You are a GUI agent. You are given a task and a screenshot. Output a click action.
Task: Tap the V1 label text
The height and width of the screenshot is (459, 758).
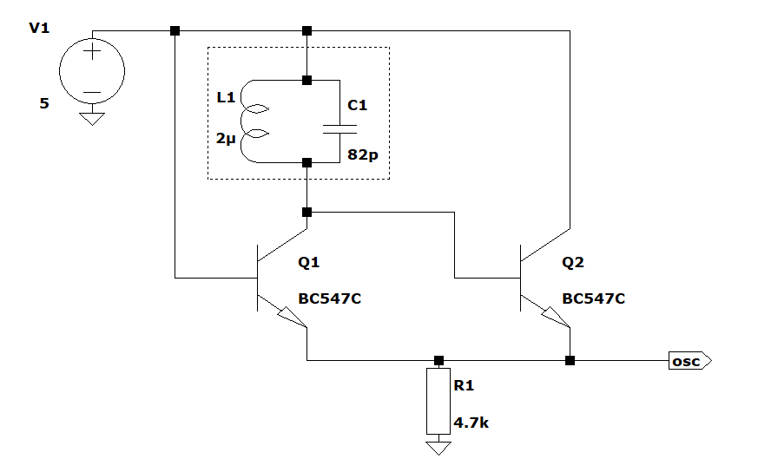[39, 28]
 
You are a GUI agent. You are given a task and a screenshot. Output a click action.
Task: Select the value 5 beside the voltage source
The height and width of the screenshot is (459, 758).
[44, 103]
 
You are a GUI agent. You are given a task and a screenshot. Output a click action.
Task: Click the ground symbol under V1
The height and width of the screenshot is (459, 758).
[92, 119]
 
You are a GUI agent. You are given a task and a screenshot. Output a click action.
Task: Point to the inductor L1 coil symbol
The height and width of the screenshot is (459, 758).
[241, 121]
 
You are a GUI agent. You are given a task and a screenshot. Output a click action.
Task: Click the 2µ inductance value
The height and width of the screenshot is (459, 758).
[226, 139]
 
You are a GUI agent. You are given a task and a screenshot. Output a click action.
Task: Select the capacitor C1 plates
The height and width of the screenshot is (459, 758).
[339, 129]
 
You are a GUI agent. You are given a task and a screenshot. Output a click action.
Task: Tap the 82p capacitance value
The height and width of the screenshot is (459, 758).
[363, 154]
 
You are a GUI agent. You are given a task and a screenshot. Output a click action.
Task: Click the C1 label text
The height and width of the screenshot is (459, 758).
[357, 105]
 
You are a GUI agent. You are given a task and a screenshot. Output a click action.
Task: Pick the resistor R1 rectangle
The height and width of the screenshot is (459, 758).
[438, 401]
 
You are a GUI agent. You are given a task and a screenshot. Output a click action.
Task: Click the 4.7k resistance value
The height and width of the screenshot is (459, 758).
[471, 423]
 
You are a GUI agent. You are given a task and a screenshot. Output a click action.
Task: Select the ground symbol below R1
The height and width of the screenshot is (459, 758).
[438, 448]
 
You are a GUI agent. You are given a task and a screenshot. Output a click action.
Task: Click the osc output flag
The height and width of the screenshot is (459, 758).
[689, 361]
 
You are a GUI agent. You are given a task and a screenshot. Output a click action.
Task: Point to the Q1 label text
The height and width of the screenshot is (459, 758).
[308, 262]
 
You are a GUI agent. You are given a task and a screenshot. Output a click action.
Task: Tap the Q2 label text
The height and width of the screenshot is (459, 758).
[573, 262]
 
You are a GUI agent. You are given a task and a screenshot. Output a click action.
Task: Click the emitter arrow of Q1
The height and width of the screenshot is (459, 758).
[292, 317]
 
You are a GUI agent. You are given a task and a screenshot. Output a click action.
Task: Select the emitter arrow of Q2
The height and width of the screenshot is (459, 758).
[556, 317]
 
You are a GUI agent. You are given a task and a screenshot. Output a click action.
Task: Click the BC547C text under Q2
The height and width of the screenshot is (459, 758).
[593, 298]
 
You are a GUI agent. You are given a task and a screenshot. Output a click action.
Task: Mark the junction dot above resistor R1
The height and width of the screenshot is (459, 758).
[438, 360]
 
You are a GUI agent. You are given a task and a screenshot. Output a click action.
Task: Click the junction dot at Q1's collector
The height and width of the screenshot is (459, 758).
[306, 212]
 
